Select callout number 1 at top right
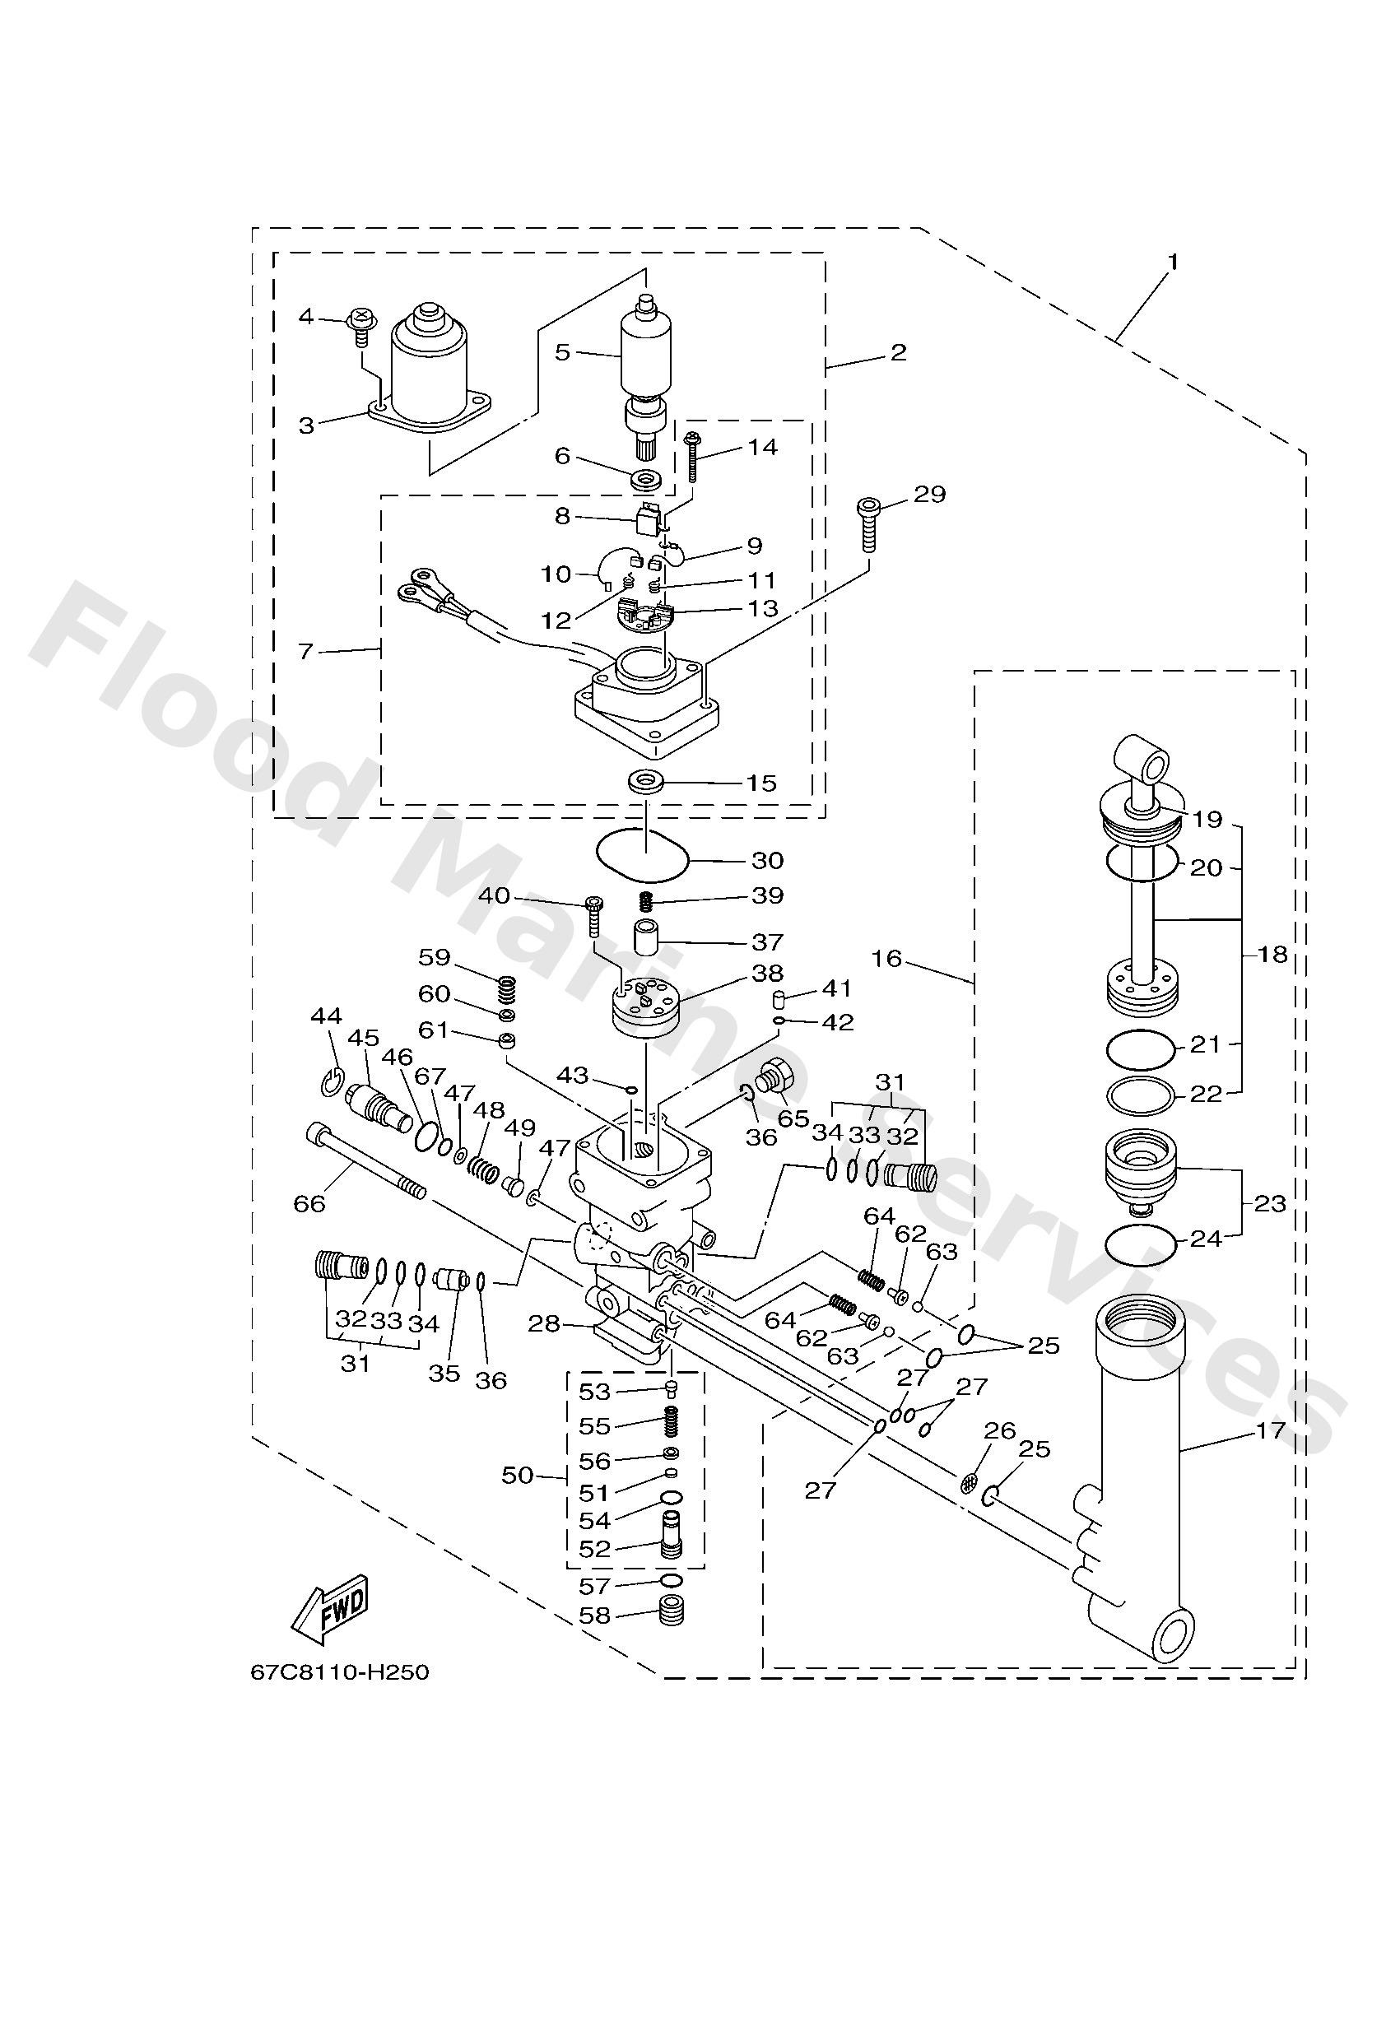coord(1173,262)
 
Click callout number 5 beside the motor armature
coord(562,352)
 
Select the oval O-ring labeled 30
coord(641,853)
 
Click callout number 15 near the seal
coord(761,783)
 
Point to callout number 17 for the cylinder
coord(1270,1430)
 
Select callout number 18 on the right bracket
coord(1272,954)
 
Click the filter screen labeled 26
coord(970,1483)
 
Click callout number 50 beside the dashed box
coord(518,1475)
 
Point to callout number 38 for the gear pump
coord(767,973)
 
